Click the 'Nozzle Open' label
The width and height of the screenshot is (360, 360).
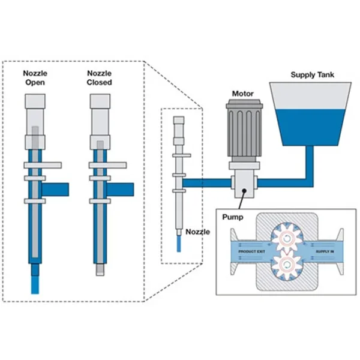(x=35, y=77)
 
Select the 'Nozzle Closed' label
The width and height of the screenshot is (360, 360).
(x=99, y=77)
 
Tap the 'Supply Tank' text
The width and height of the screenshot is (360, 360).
(x=312, y=75)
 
